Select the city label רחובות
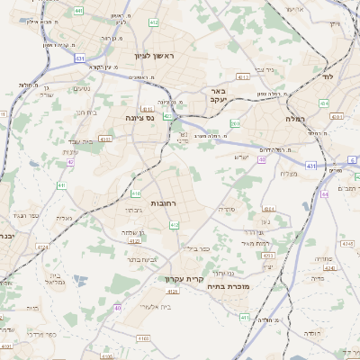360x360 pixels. pos(167,203)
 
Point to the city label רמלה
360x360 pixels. pos(296,117)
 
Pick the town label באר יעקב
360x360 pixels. pos(206,96)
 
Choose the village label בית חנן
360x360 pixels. pos(85,112)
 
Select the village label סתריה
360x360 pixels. pos(226,208)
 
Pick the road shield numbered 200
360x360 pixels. pos(235,123)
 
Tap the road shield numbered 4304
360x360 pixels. pos(269,209)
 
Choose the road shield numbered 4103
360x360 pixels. pos(143,337)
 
